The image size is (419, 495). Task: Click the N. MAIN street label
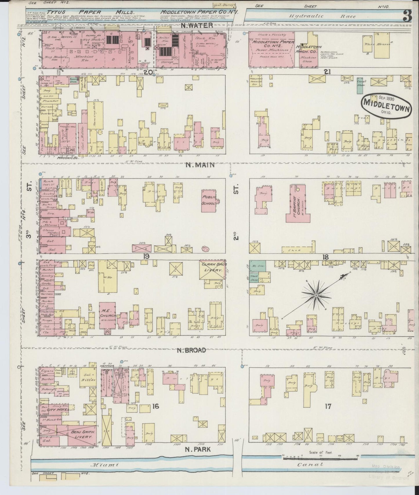[200, 165]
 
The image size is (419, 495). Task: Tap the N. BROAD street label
[192, 350]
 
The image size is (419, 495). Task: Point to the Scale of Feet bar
[320, 457]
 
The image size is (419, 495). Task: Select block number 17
[328, 406]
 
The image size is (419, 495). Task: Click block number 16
[155, 406]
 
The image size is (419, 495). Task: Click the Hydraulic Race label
[322, 16]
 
